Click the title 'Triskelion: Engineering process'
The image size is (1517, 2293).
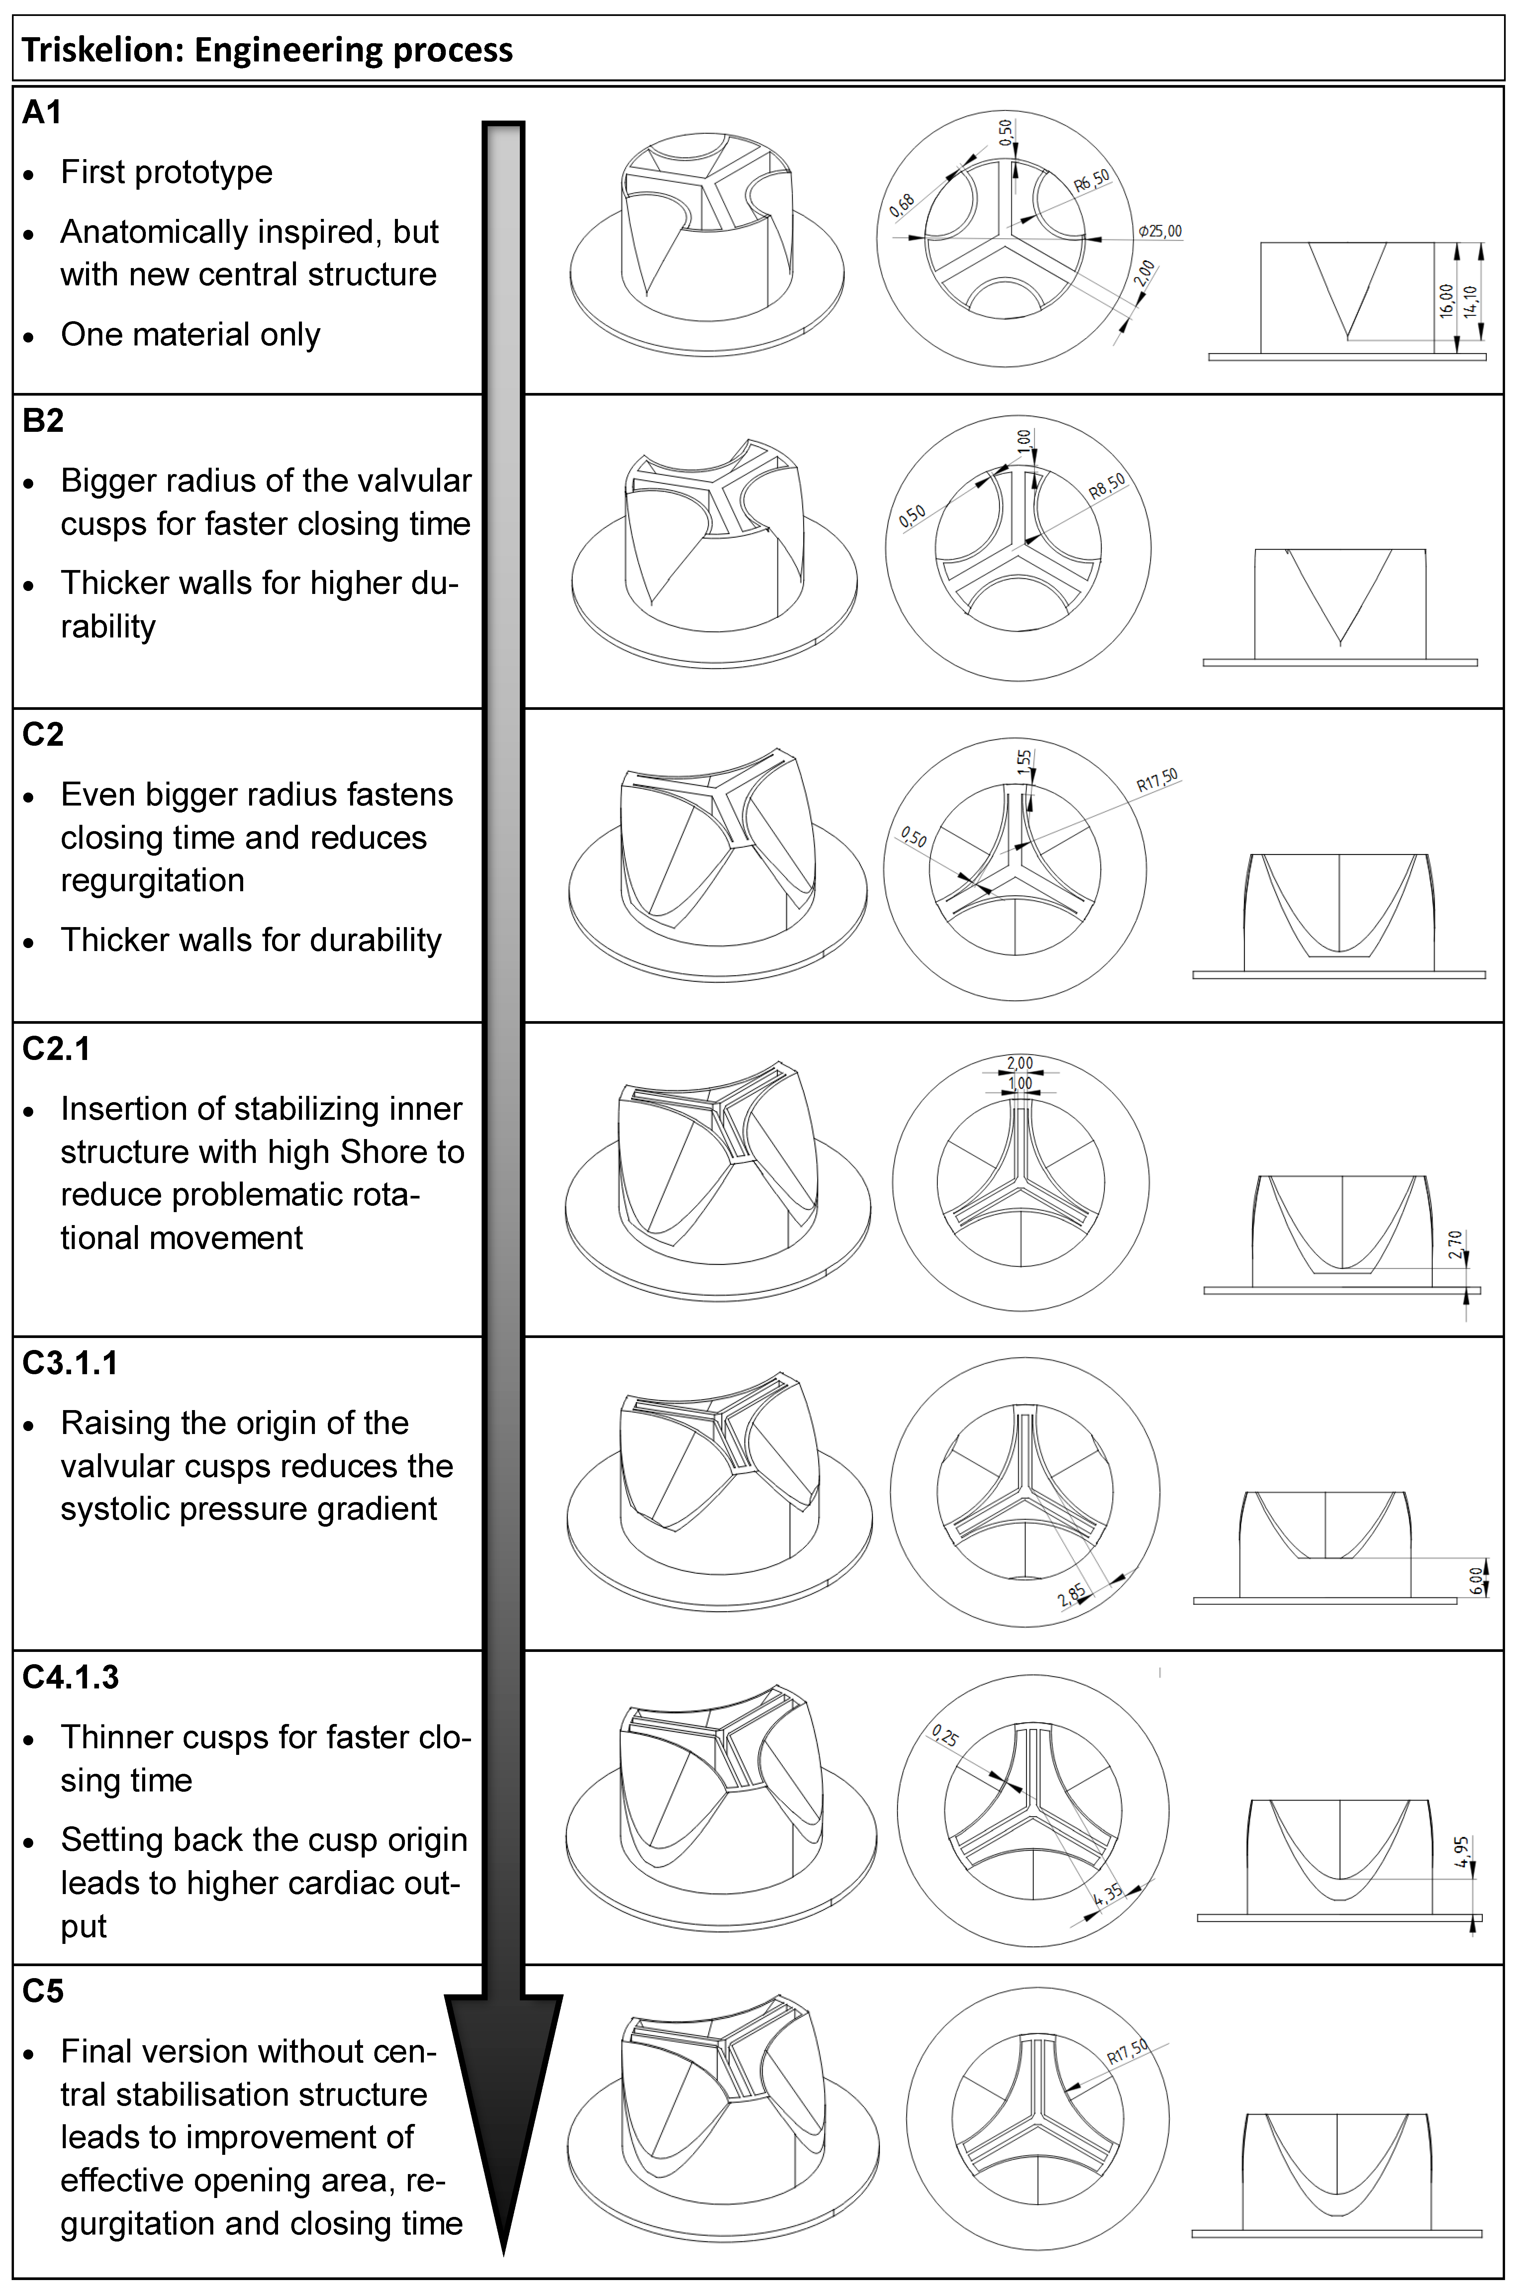click(x=267, y=50)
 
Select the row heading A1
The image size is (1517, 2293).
click(x=42, y=112)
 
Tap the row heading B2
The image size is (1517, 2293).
click(x=43, y=421)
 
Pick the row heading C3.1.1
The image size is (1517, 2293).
click(x=70, y=1363)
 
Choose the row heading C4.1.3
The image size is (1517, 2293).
click(x=70, y=1677)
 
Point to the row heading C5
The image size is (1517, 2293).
click(x=43, y=1991)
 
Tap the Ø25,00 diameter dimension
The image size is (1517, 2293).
click(x=1160, y=231)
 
